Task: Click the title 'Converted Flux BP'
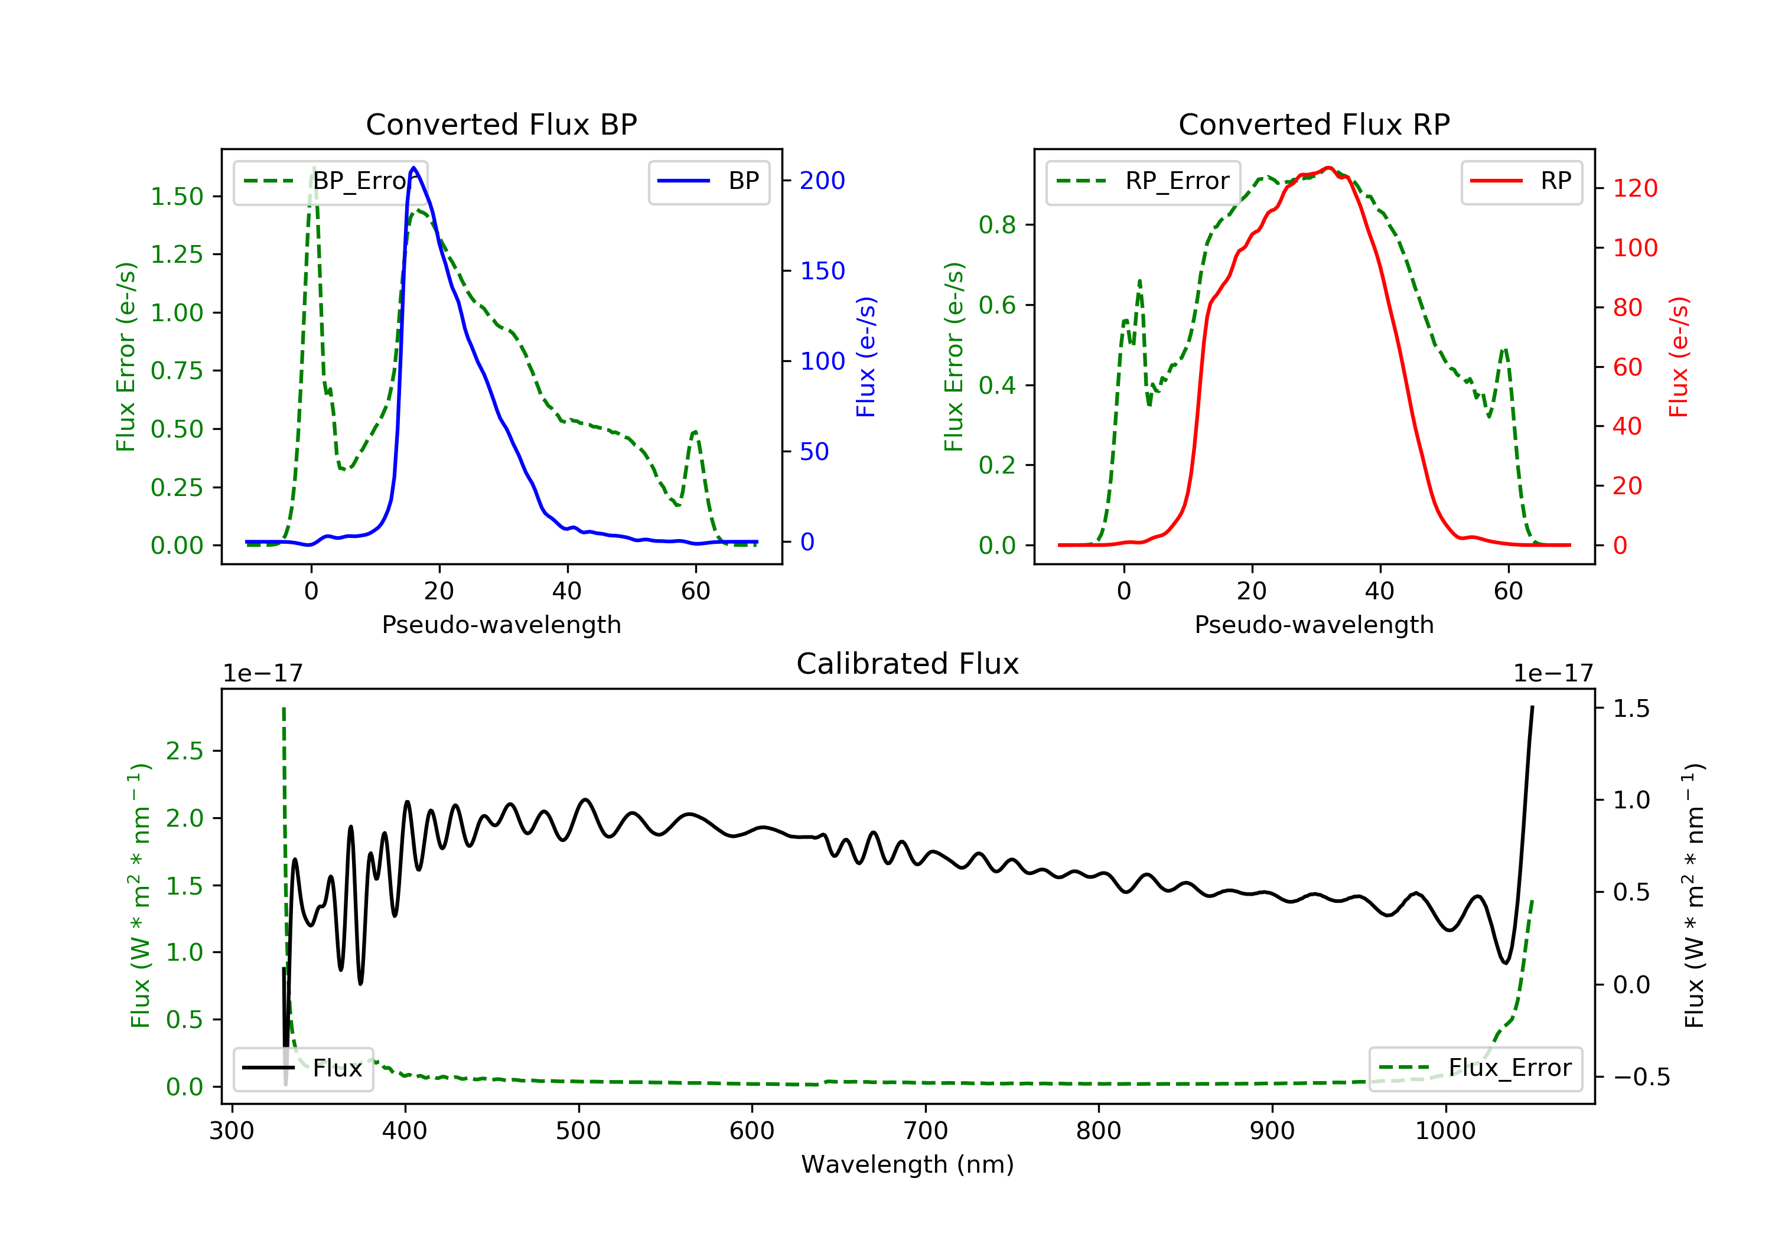pyautogui.click(x=501, y=124)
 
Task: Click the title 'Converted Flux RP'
pyautogui.click(x=1314, y=124)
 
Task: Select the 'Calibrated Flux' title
pyautogui.click(x=908, y=664)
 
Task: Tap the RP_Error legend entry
pyautogui.click(x=1143, y=181)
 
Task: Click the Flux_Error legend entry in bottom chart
pyautogui.click(x=1475, y=1068)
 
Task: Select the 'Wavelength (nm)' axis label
pyautogui.click(x=908, y=1164)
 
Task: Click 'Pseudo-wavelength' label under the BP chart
pyautogui.click(x=501, y=624)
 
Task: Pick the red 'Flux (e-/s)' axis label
pyautogui.click(x=1679, y=357)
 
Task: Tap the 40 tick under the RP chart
pyautogui.click(x=1380, y=591)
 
